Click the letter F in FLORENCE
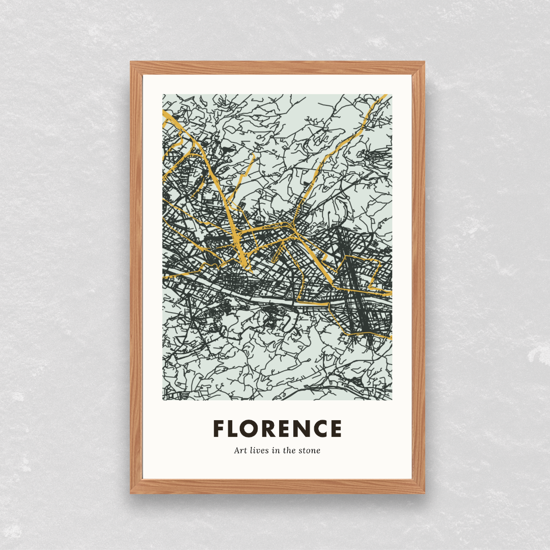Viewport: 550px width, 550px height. (219, 429)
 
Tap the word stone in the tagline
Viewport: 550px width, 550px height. (309, 450)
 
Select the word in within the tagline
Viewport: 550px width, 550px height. (276, 450)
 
